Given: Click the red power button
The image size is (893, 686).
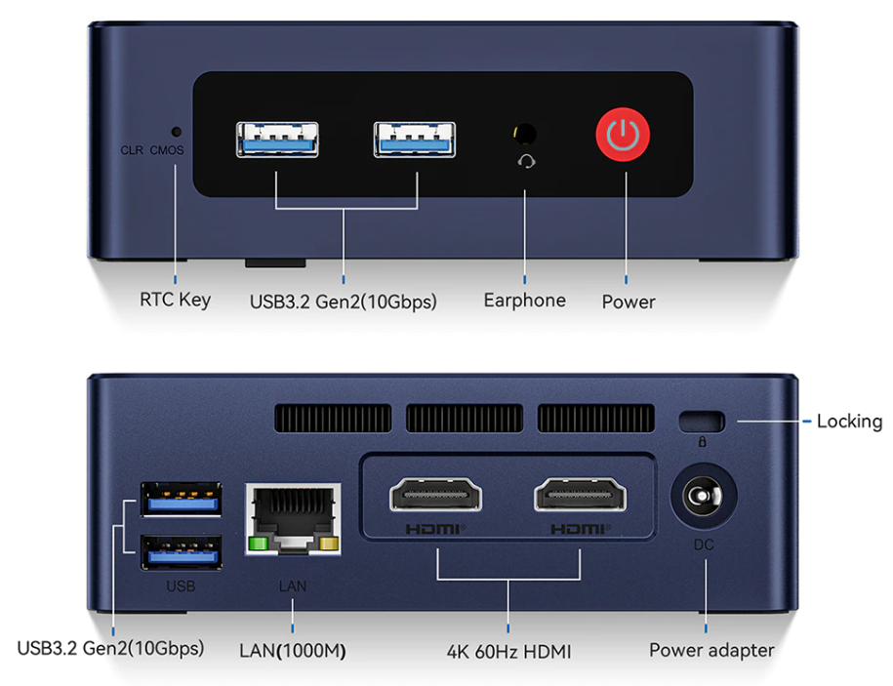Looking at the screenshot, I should pos(624,137).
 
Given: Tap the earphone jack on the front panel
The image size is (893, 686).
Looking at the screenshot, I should pos(525,133).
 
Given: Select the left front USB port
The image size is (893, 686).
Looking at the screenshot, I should pos(277,139).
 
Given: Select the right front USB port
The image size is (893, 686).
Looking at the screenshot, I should pos(415,139).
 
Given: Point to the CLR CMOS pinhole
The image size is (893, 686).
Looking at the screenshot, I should pos(177,131).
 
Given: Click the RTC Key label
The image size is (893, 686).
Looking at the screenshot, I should pos(175,300).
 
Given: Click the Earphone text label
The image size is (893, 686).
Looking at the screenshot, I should pos(524,301).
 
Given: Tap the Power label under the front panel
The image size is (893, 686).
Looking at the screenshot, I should pos(629,302).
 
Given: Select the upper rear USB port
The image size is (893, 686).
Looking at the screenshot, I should pos(181,501).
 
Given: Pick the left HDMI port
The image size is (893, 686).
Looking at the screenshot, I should pos(435,497).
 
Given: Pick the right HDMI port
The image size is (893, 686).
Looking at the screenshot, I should pos(581,497).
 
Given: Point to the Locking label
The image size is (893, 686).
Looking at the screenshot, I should pos(849,422).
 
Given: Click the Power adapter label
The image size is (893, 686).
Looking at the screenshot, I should pos(711,650).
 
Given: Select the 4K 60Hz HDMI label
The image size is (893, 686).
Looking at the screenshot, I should pos(508,651).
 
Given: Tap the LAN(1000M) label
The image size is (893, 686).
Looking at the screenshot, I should pos(293,650).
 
